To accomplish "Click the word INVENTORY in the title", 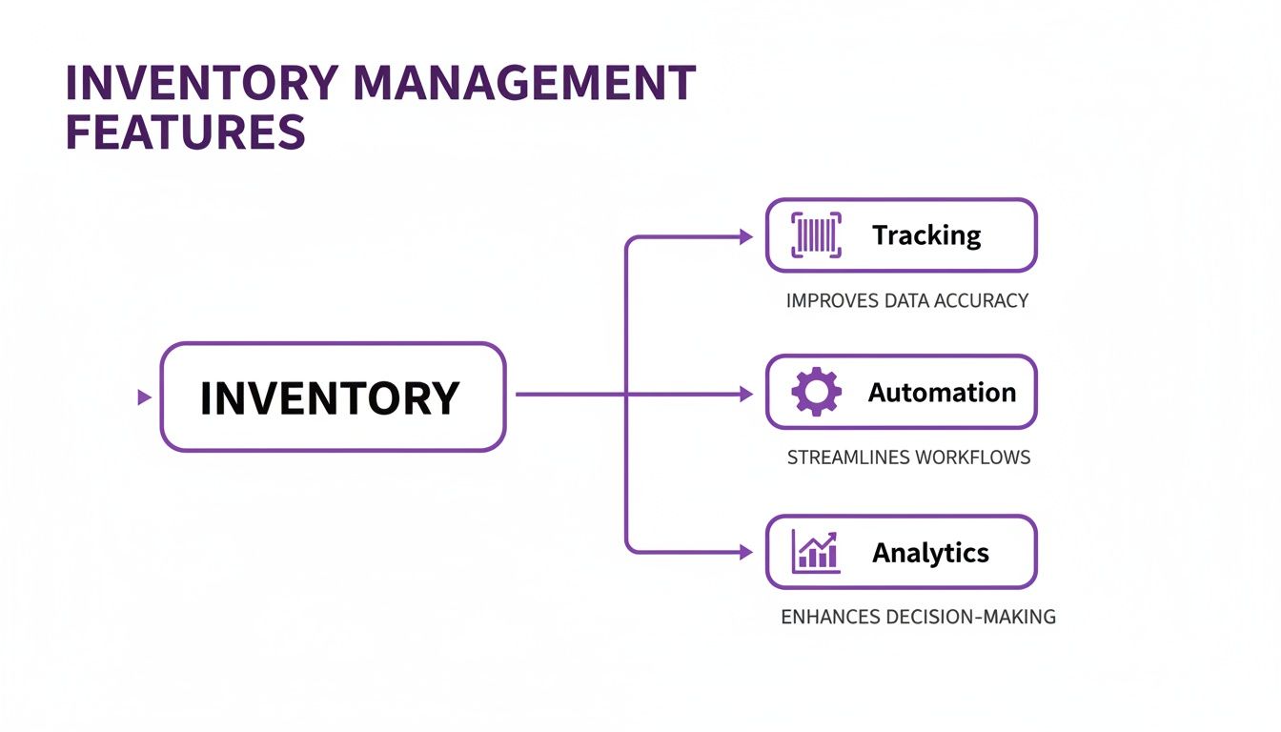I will pos(201,84).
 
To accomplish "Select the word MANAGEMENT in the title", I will pos(523,84).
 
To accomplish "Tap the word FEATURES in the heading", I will pos(185,132).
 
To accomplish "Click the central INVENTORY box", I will pos(332,396).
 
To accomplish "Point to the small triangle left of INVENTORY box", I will pos(144,397).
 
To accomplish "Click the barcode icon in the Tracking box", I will pos(817,234).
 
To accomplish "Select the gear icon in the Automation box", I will pos(817,393).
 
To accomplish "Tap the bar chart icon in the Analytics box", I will pos(817,552).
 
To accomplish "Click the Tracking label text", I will pos(926,235).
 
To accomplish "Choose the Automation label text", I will pos(942,393).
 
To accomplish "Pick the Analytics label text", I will pos(930,553).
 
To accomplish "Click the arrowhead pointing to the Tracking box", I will pos(746,236).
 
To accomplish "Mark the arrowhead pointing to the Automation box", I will pos(746,394).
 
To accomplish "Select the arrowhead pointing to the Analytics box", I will pos(746,552).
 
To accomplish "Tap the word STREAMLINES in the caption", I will pos(847,457).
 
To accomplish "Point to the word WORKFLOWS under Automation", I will pos(972,457).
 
